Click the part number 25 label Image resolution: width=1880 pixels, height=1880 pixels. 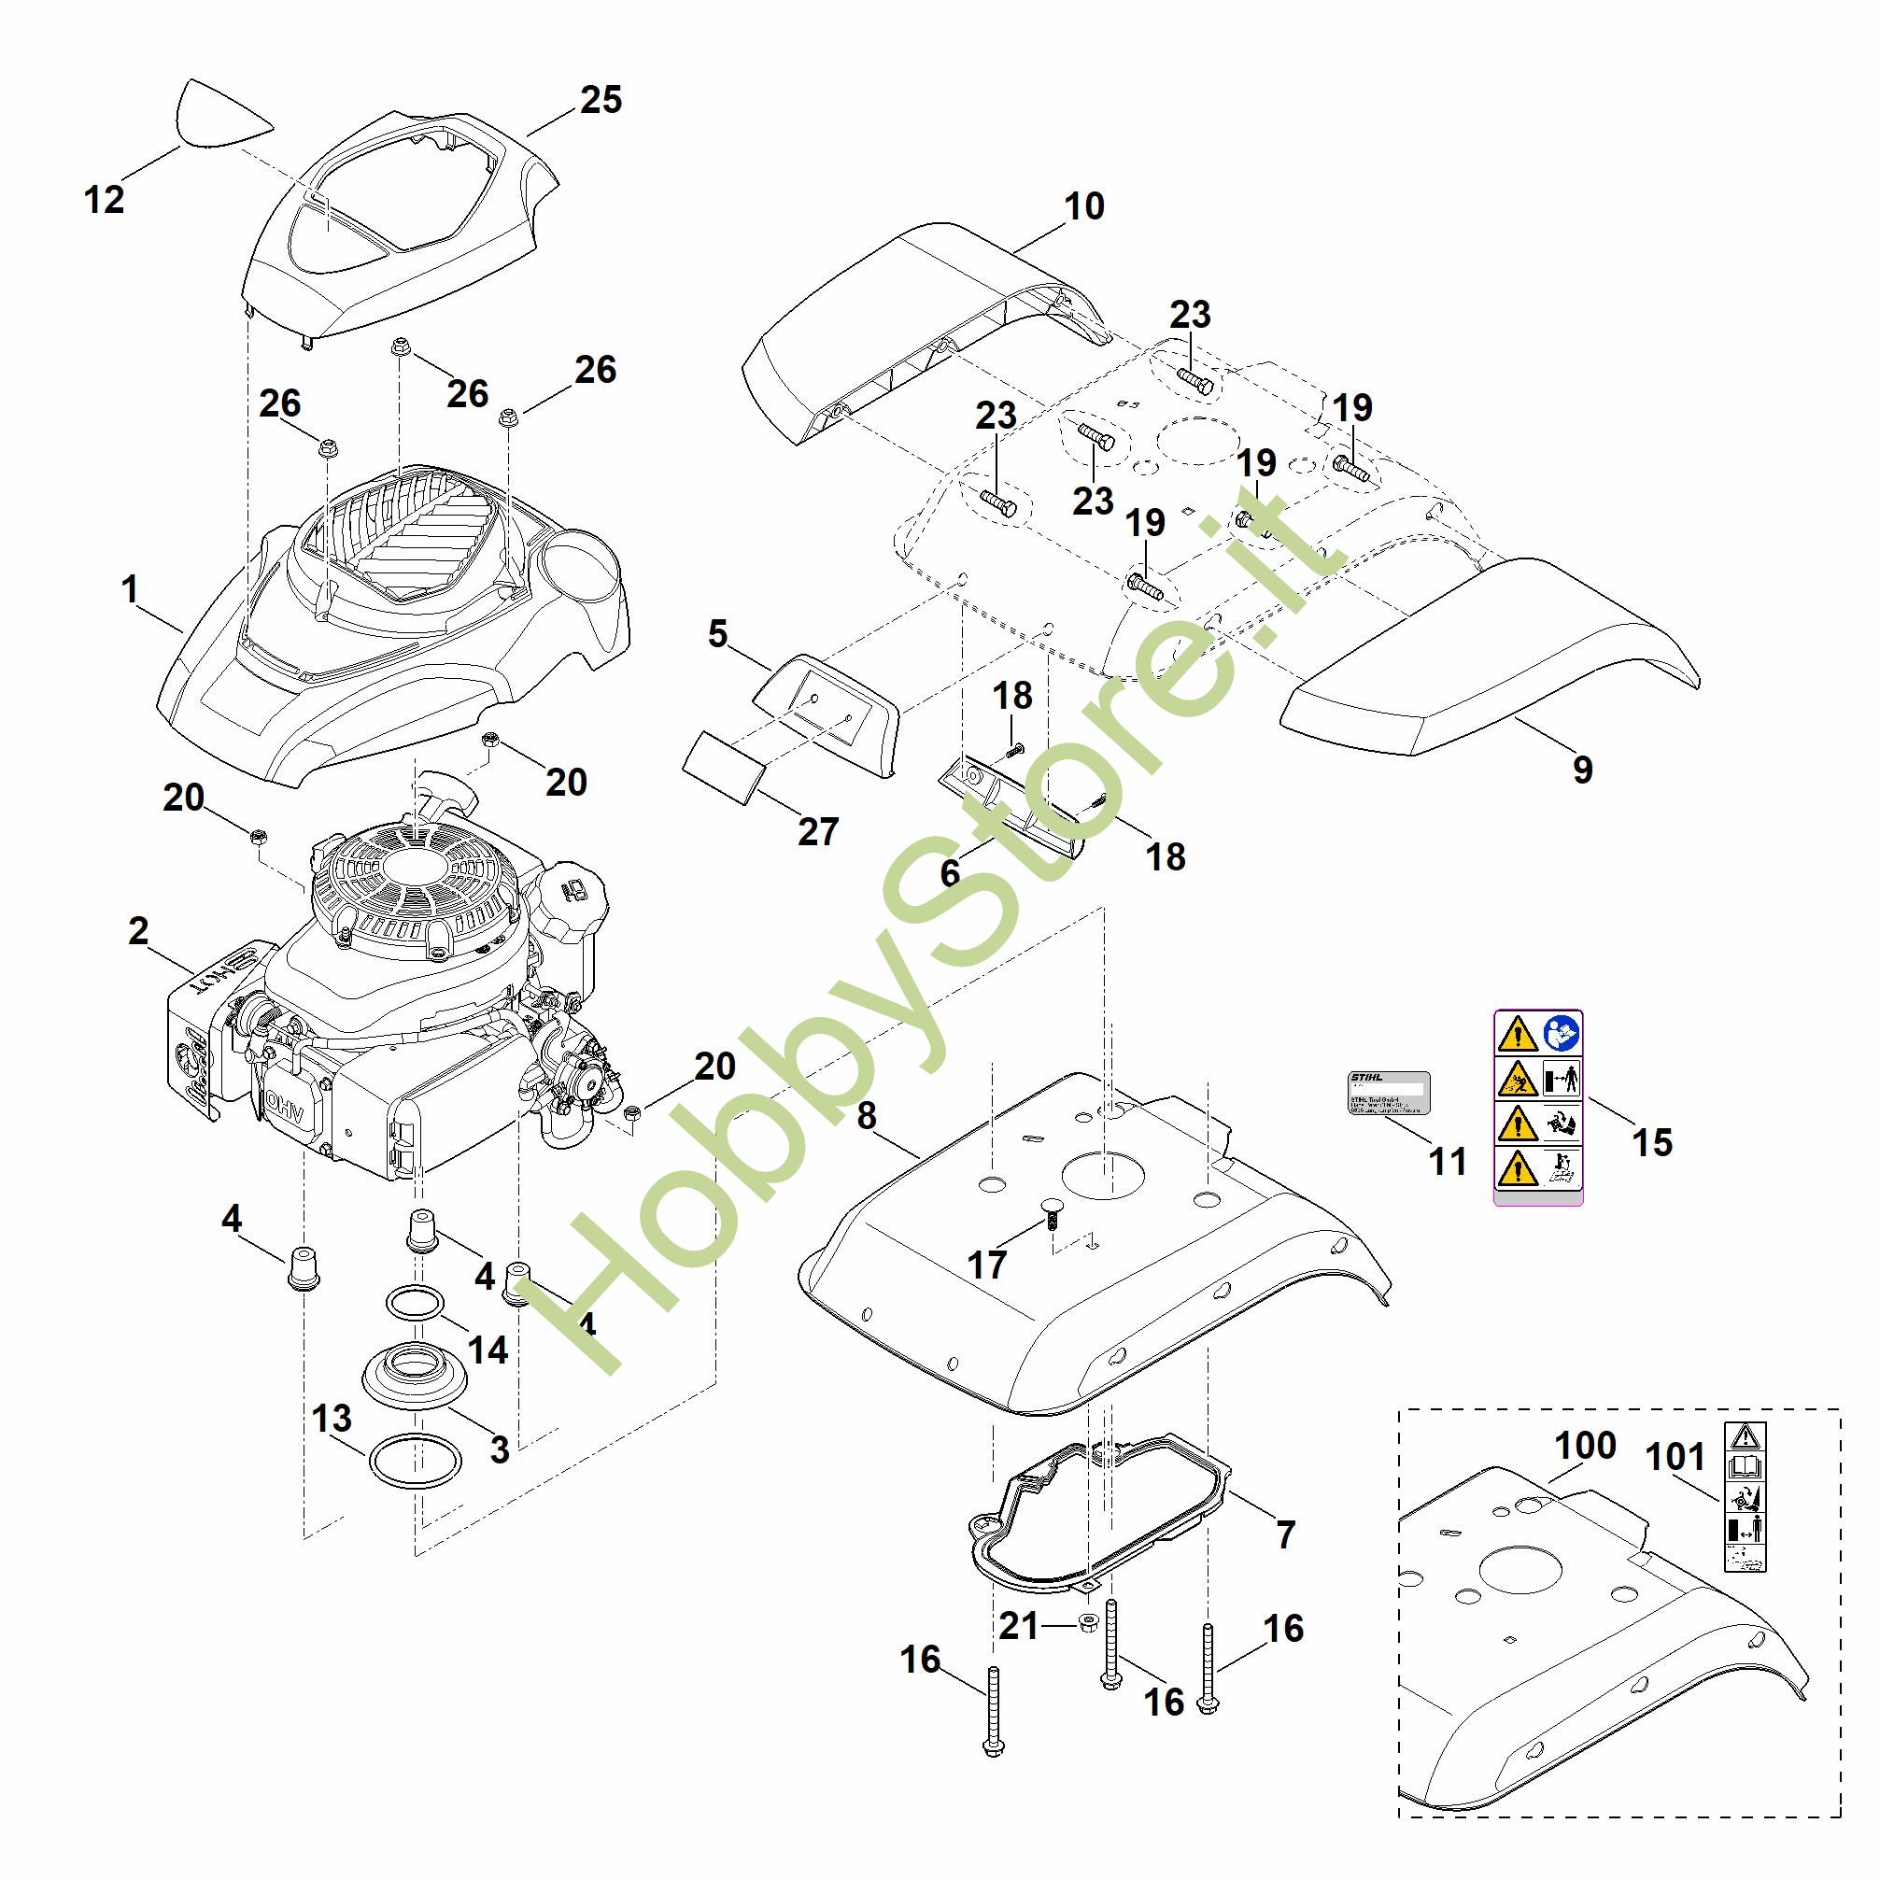tap(601, 100)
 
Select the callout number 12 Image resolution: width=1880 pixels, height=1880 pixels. tap(104, 200)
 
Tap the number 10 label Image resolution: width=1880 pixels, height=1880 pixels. tap(1084, 206)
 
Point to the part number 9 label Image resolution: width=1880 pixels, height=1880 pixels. tap(1583, 770)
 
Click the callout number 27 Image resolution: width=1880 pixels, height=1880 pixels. tap(817, 832)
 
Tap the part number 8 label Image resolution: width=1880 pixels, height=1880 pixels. tap(866, 1116)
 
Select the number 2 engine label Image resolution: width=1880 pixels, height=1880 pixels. tap(138, 931)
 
